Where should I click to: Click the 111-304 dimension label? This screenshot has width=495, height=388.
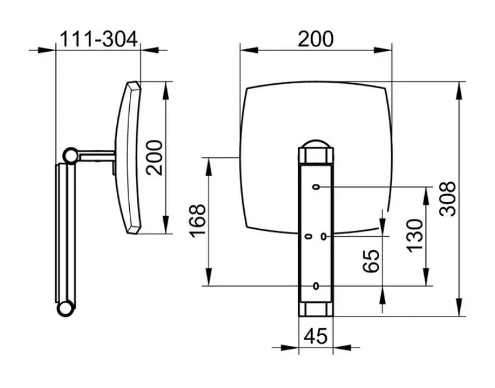[99, 39]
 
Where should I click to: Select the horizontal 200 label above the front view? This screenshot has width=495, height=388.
[316, 39]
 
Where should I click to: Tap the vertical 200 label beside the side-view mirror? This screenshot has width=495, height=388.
[155, 158]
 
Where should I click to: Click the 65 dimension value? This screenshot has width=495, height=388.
[371, 261]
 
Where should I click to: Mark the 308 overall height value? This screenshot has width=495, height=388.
[448, 199]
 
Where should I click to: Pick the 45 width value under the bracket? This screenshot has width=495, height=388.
[316, 336]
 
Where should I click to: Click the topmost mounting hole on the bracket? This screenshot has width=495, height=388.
[316, 187]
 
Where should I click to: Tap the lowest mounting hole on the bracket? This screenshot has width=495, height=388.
[316, 286]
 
